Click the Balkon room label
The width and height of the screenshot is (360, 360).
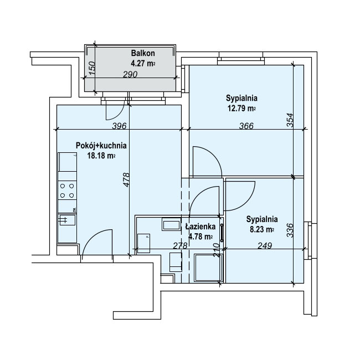143,53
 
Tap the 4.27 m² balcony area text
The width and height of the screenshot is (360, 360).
142,64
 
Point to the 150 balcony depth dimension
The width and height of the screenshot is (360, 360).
93,69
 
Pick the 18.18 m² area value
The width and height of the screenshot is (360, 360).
101,156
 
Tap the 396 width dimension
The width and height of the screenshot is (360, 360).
120,126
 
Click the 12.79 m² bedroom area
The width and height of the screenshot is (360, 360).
242,109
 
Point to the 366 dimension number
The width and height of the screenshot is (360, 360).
246,126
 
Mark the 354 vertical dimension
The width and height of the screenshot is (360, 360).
290,121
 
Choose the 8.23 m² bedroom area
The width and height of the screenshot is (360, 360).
261,228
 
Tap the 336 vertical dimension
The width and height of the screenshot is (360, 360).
290,230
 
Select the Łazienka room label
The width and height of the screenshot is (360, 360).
200,227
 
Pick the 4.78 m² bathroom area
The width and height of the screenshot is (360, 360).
200,236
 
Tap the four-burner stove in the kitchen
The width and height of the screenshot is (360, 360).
68,191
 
